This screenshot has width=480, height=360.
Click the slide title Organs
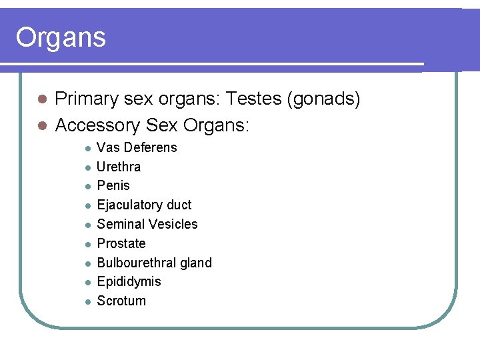pos(61,38)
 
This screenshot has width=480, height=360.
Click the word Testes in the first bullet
pos(254,100)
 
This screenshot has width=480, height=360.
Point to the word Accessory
pos(97,125)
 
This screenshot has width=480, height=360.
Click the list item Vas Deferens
pos(137,147)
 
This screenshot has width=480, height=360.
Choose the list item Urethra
pos(119,167)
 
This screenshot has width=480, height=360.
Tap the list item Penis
pos(113,185)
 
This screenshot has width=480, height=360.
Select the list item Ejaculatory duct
pos(144,205)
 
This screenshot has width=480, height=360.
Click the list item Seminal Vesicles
pos(147,224)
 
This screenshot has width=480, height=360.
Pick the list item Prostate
pos(121,243)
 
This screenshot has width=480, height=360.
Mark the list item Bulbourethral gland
pos(154,263)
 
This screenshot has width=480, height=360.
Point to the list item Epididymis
pos(129,281)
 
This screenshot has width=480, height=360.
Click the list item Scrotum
pos(121,301)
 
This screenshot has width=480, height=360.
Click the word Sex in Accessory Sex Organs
pos(161,125)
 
